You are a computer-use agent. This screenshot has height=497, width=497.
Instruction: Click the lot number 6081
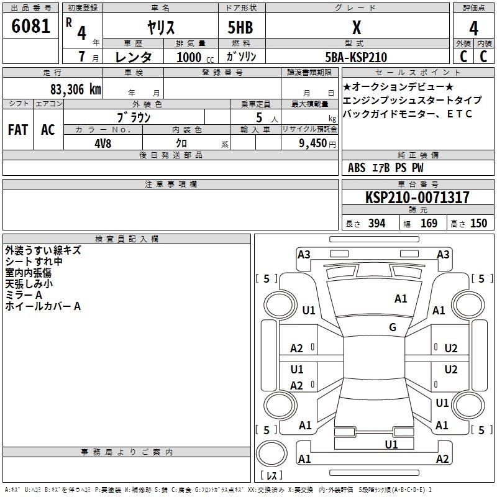(30, 29)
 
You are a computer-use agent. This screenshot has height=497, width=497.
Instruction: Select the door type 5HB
(239, 29)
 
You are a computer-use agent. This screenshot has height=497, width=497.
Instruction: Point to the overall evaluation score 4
(473, 29)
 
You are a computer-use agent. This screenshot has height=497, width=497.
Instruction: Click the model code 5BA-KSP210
(356, 57)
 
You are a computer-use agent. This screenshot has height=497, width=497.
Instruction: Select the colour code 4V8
(102, 143)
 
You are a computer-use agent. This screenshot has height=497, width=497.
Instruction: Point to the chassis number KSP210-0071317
(417, 198)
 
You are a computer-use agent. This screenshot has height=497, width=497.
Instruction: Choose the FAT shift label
(17, 130)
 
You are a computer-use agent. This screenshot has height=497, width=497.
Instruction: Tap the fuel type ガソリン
(242, 57)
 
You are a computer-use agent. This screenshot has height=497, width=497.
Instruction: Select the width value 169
(429, 224)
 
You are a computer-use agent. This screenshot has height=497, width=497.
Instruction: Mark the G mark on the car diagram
(393, 327)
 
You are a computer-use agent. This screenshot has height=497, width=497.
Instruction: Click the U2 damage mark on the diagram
(451, 349)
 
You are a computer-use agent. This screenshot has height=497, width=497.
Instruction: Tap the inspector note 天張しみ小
(29, 284)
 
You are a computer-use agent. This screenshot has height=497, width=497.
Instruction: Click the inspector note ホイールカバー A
(43, 306)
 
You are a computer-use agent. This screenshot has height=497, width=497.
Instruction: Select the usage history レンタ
(134, 57)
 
